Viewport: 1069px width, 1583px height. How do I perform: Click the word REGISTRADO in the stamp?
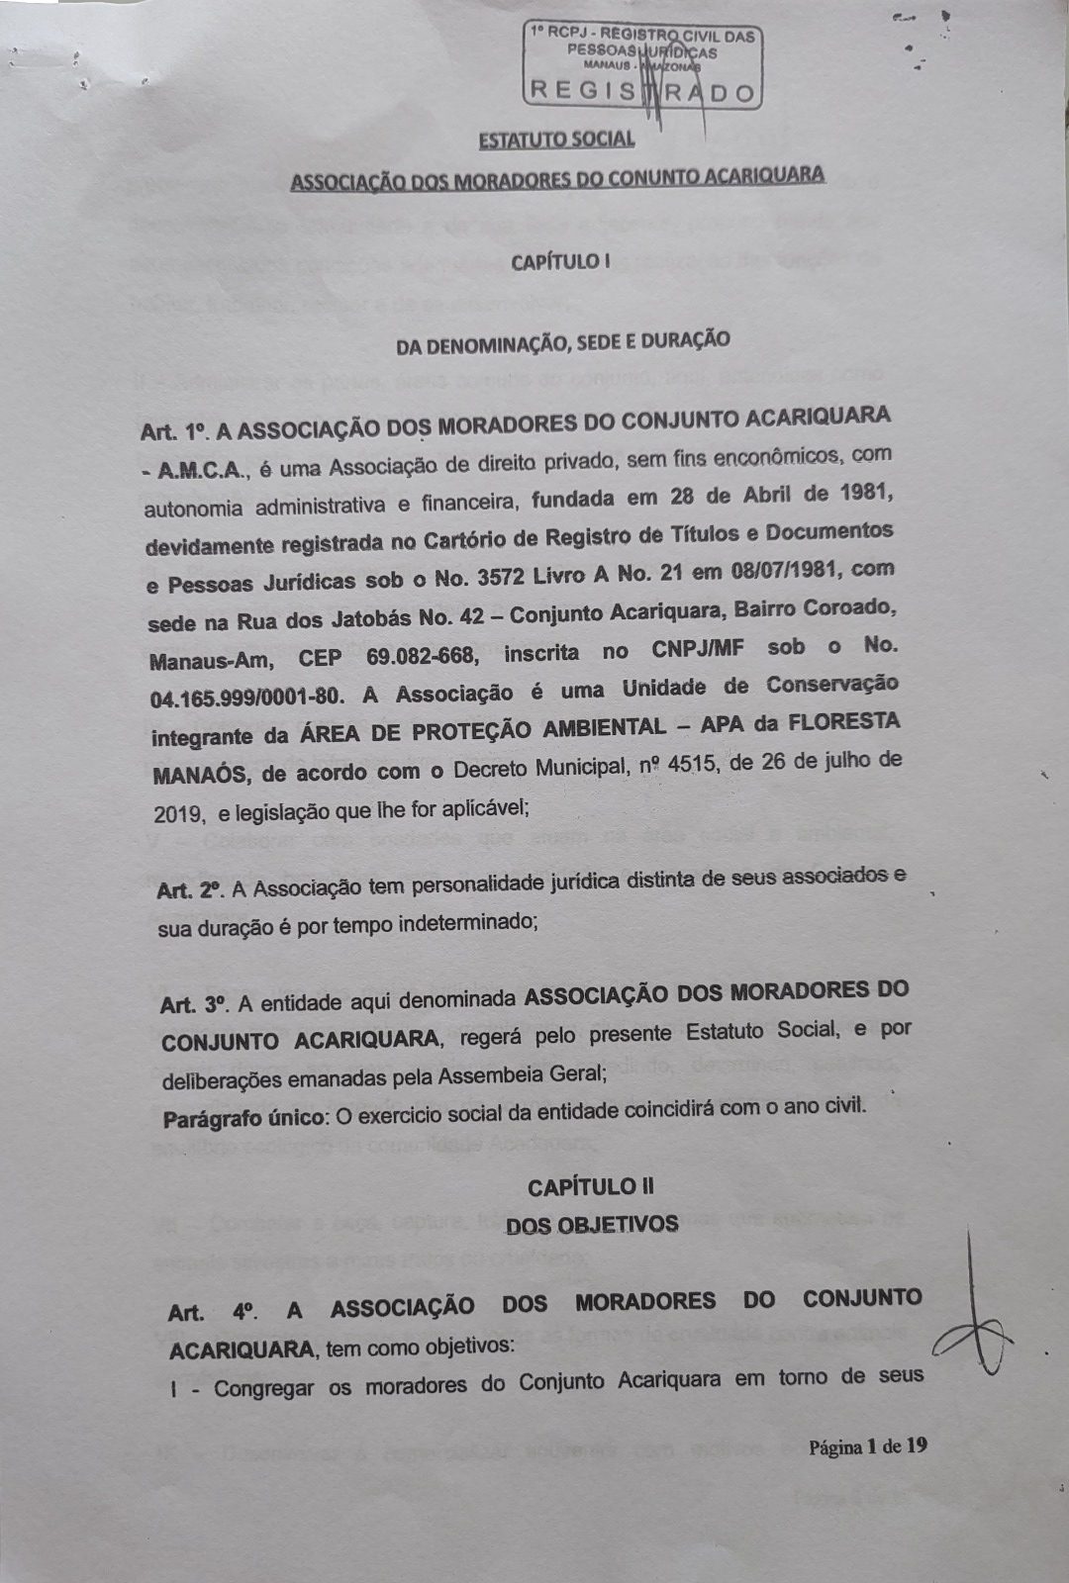click(x=642, y=92)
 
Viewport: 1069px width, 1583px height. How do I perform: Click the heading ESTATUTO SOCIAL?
click(x=556, y=139)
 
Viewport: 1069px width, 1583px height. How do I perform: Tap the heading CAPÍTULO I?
click(x=555, y=262)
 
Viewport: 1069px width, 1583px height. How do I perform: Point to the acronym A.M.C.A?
click(x=204, y=471)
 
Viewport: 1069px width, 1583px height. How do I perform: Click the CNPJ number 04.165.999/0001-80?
click(x=247, y=696)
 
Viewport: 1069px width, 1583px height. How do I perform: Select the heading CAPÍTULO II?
click(x=590, y=1187)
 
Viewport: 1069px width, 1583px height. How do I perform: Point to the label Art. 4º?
click(x=213, y=1313)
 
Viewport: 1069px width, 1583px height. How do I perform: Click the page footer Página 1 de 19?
click(x=867, y=1446)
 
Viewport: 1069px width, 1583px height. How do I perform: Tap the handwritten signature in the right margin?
click(x=975, y=1316)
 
